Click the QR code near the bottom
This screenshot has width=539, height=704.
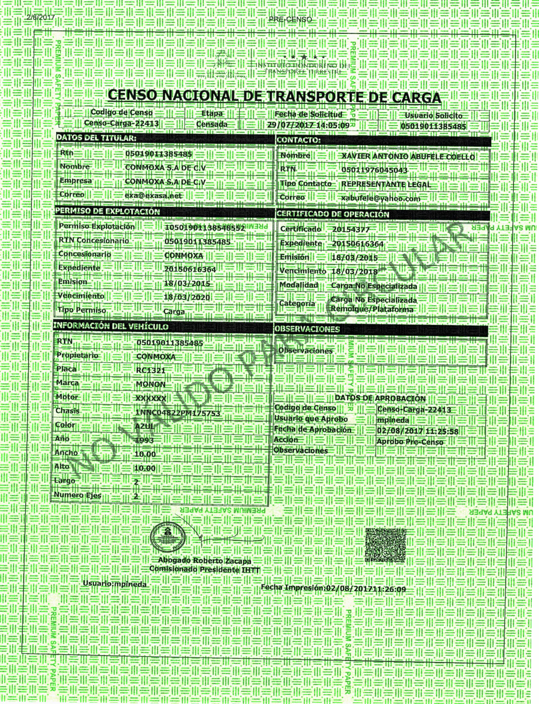click(x=385, y=545)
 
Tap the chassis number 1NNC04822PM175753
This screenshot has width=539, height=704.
click(x=178, y=413)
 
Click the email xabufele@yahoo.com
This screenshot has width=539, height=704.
click(x=381, y=198)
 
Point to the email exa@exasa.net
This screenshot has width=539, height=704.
click(x=153, y=195)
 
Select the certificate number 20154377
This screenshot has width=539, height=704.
click(x=351, y=230)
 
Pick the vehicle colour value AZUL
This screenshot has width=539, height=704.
click(x=145, y=426)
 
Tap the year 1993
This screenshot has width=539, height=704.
click(x=144, y=440)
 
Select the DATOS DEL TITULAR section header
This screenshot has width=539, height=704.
click(x=96, y=138)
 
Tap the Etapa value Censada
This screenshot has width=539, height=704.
click(x=212, y=124)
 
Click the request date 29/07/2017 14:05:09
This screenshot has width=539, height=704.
click(x=308, y=125)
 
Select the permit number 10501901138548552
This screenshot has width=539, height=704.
click(x=205, y=228)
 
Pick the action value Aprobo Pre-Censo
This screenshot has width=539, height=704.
click(x=410, y=442)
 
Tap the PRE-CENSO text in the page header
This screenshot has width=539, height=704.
click(x=290, y=20)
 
